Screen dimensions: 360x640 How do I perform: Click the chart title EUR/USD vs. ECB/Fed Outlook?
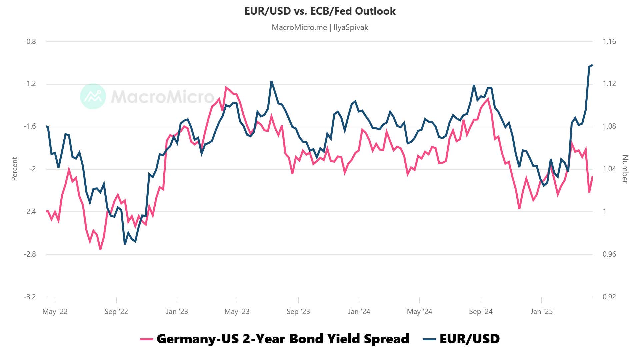320,11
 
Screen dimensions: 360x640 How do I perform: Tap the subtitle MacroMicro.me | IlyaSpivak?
320,27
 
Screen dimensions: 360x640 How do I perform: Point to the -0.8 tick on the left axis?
30,42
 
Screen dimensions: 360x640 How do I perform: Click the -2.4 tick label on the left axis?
30,212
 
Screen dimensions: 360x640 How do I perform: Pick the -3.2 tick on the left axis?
30,297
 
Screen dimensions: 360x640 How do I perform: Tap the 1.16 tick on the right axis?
609,42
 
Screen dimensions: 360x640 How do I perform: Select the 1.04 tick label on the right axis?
609,169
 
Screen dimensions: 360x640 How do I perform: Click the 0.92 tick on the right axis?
609,297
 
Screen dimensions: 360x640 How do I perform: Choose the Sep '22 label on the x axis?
116,311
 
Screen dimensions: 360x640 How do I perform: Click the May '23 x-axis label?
237,311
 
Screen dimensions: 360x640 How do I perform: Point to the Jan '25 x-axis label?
541,311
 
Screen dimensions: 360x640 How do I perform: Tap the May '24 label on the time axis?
419,311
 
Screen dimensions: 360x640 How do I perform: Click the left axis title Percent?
14,169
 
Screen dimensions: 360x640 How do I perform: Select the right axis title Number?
625,169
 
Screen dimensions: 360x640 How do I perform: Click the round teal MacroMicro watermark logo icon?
93,96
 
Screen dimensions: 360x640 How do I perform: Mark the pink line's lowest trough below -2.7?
100,249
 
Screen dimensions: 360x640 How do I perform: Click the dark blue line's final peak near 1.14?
592,65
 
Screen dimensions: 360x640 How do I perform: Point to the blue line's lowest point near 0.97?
125,244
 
